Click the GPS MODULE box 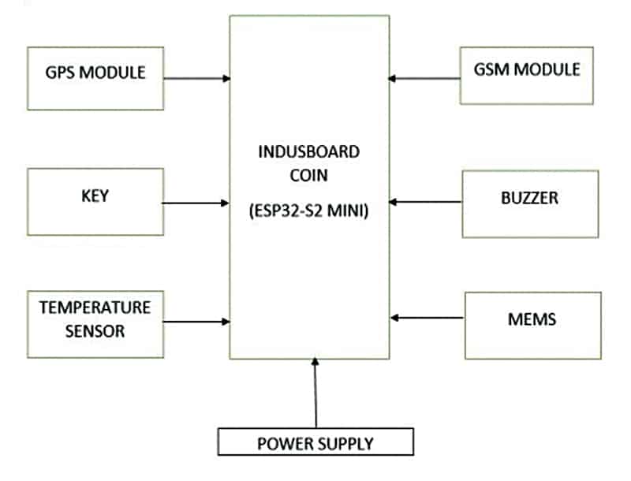tap(95, 78)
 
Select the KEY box tap(95, 202)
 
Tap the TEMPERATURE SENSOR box tap(95, 324)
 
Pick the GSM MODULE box tap(527, 76)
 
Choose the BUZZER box tap(530, 203)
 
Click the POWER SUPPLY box tap(315, 442)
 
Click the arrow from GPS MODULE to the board tap(196, 78)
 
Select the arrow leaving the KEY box tap(196, 203)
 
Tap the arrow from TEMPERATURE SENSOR tap(196, 321)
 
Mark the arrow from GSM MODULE tap(425, 78)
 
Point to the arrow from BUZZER tap(426, 202)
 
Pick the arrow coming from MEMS tap(428, 318)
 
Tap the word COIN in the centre tap(310, 175)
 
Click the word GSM tap(492, 69)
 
